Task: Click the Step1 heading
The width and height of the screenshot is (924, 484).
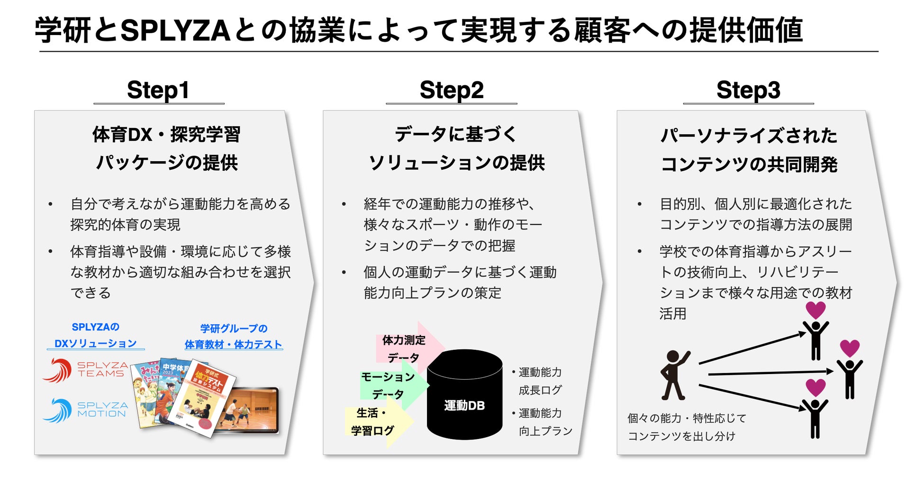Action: (x=158, y=90)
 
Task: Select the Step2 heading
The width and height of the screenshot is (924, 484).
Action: (x=452, y=90)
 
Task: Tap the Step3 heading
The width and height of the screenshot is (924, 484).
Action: (x=748, y=90)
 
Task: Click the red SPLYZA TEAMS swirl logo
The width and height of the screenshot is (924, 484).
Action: (x=57, y=370)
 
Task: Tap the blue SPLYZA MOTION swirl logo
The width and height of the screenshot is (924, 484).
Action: (x=57, y=411)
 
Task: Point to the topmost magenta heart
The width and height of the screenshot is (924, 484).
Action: (x=815, y=310)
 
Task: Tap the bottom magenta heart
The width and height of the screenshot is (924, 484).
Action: (x=815, y=387)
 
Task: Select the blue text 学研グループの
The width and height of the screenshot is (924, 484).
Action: (x=234, y=329)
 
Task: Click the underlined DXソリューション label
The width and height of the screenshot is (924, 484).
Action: (x=96, y=344)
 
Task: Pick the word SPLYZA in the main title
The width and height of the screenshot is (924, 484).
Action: (x=175, y=30)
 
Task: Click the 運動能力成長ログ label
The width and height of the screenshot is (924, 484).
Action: (x=540, y=381)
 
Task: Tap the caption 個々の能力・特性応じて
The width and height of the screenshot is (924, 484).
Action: (x=687, y=418)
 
